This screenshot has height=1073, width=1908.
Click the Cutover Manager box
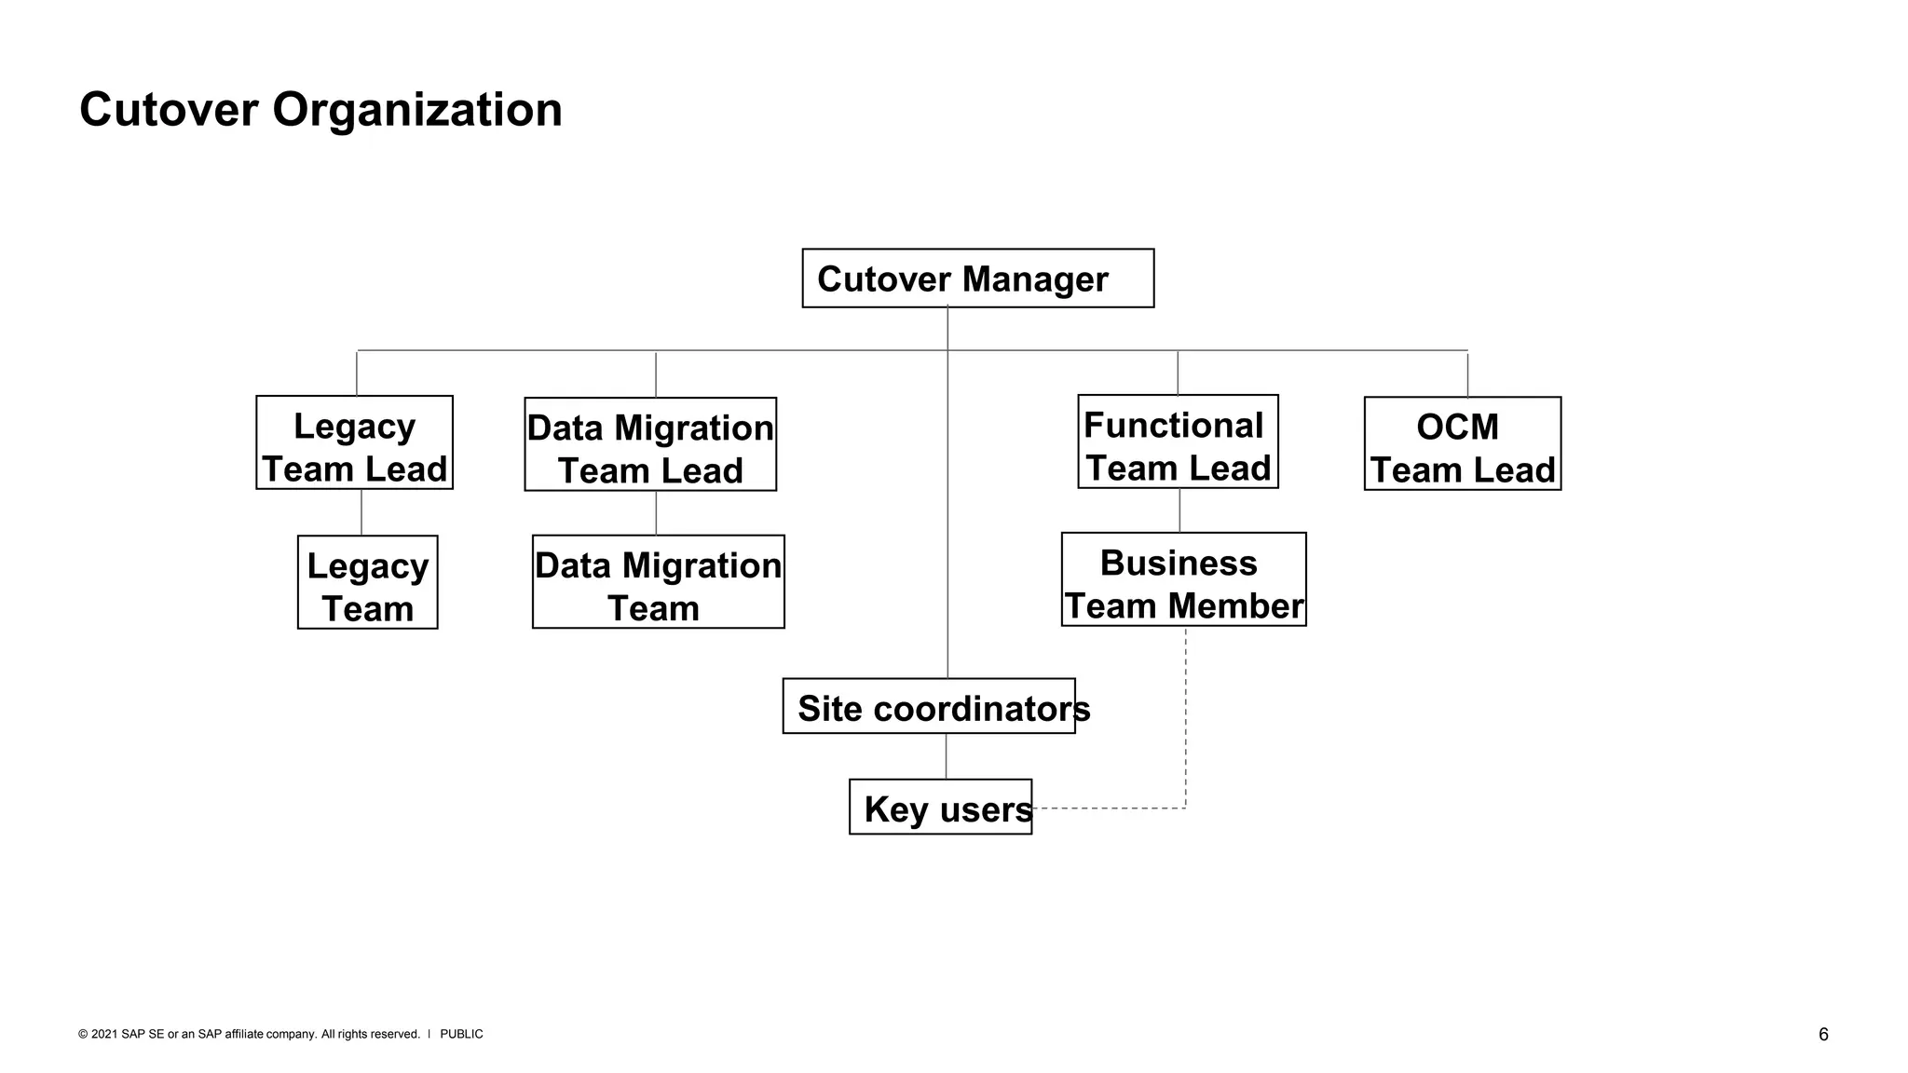click(977, 278)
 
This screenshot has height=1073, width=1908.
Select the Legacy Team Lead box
click(354, 443)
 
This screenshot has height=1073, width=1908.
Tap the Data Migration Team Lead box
click(650, 445)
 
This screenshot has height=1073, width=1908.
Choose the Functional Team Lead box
click(1178, 442)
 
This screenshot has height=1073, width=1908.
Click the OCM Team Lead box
click(1462, 444)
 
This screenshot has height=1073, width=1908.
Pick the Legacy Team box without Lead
click(367, 583)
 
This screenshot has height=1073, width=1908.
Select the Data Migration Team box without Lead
click(658, 582)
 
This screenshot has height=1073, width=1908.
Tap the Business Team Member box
click(1183, 580)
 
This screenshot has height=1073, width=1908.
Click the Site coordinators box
click(929, 707)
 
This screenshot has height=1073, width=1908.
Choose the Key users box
click(940, 808)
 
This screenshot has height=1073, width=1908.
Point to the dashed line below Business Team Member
click(1186, 717)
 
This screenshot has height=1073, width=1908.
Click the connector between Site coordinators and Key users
click(947, 756)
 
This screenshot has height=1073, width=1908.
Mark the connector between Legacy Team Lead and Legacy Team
click(361, 512)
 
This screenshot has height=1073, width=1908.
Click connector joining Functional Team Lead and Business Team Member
click(1179, 510)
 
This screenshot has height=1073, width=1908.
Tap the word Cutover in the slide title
click(169, 110)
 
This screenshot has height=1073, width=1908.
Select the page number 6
click(1823, 1035)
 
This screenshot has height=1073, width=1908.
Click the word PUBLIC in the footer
click(461, 1035)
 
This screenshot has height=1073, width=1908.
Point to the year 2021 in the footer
click(104, 1035)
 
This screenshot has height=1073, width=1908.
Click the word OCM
click(1457, 428)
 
